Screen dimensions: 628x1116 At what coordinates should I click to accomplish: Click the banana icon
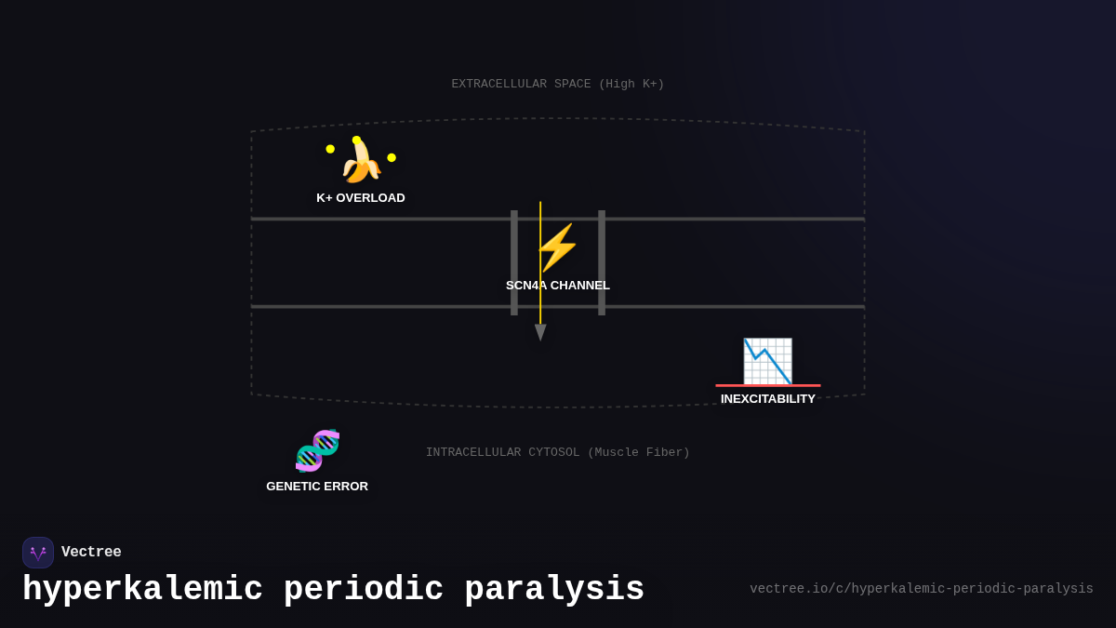(x=361, y=161)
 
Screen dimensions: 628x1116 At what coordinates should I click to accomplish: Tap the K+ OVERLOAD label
(x=361, y=198)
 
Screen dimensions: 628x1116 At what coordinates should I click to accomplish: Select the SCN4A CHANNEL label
(x=558, y=286)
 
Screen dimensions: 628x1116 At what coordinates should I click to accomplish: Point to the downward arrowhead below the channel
(x=540, y=332)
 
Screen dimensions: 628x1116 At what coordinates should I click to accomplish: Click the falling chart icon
(x=767, y=360)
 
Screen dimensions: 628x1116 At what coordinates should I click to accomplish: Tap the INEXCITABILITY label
(x=768, y=399)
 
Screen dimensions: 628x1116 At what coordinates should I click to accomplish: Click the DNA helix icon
(x=317, y=451)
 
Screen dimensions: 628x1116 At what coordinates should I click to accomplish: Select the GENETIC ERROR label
(x=317, y=487)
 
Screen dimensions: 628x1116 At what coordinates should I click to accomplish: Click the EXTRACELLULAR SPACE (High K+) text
(x=558, y=85)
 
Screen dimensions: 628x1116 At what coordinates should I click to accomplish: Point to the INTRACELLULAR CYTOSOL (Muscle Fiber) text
(x=558, y=453)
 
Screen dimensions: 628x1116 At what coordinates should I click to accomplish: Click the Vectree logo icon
(x=38, y=553)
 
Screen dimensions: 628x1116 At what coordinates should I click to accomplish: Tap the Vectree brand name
(x=91, y=553)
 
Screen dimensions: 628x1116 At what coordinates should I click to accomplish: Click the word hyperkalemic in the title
(x=142, y=590)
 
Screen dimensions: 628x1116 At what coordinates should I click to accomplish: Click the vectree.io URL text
(x=922, y=589)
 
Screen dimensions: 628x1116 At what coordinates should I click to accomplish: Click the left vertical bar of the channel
(x=514, y=262)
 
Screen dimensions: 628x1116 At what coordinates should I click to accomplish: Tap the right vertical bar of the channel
(x=602, y=262)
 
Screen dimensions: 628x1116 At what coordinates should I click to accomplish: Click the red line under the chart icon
(x=768, y=385)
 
